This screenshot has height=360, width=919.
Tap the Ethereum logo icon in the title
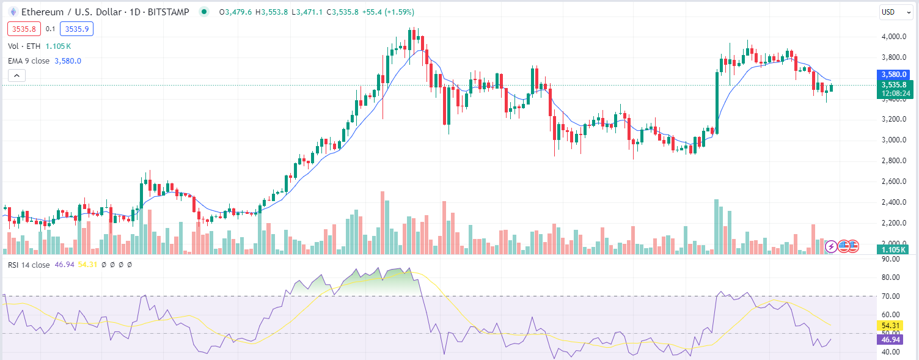(x=12, y=12)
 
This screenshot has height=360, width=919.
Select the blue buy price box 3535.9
(x=76, y=29)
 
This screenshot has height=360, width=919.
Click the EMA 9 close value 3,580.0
(x=68, y=61)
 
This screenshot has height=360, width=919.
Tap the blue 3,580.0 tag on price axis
(x=892, y=74)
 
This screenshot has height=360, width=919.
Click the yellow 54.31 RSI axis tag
(x=888, y=326)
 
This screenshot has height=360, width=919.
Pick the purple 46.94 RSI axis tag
(x=888, y=339)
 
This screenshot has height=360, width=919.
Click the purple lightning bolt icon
(x=832, y=246)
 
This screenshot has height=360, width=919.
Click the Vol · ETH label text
(x=24, y=46)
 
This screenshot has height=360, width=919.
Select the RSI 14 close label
(x=29, y=265)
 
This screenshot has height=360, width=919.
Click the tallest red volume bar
(x=383, y=223)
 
